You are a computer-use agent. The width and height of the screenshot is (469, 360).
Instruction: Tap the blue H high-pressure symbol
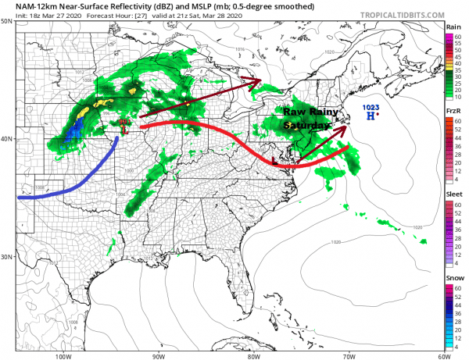(370, 116)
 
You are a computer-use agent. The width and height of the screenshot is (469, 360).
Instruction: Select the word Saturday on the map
(303, 124)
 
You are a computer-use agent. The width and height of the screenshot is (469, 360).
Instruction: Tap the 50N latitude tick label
(7, 22)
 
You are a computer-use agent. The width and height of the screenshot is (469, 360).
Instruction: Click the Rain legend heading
(452, 27)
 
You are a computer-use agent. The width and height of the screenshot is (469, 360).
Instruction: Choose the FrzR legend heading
(452, 111)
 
